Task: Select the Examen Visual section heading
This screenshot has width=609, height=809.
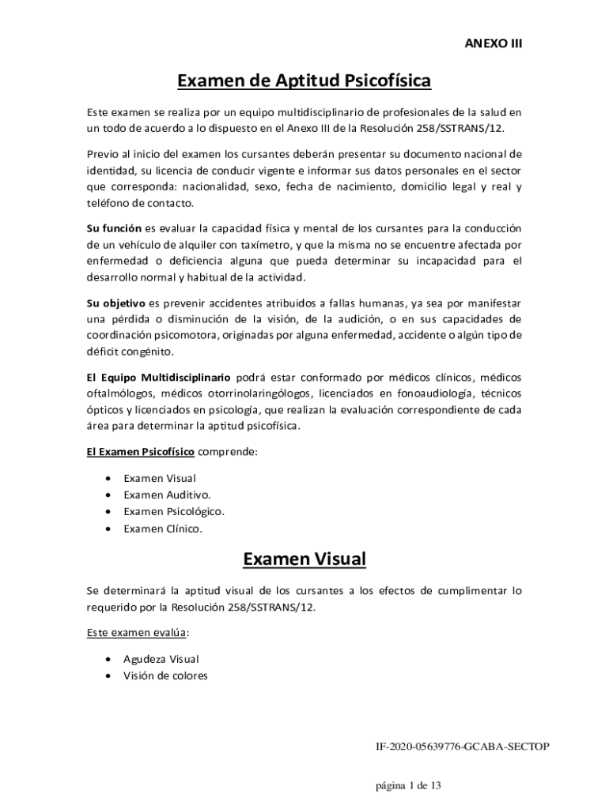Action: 304,559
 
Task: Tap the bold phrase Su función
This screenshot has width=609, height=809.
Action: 114,228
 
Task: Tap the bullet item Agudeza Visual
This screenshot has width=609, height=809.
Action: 161,658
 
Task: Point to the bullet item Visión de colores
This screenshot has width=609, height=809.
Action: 165,675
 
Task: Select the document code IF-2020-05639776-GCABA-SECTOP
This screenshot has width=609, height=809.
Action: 462,746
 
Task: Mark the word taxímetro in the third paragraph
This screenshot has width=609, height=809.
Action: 249,244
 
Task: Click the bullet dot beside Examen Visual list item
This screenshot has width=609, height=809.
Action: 108,478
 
